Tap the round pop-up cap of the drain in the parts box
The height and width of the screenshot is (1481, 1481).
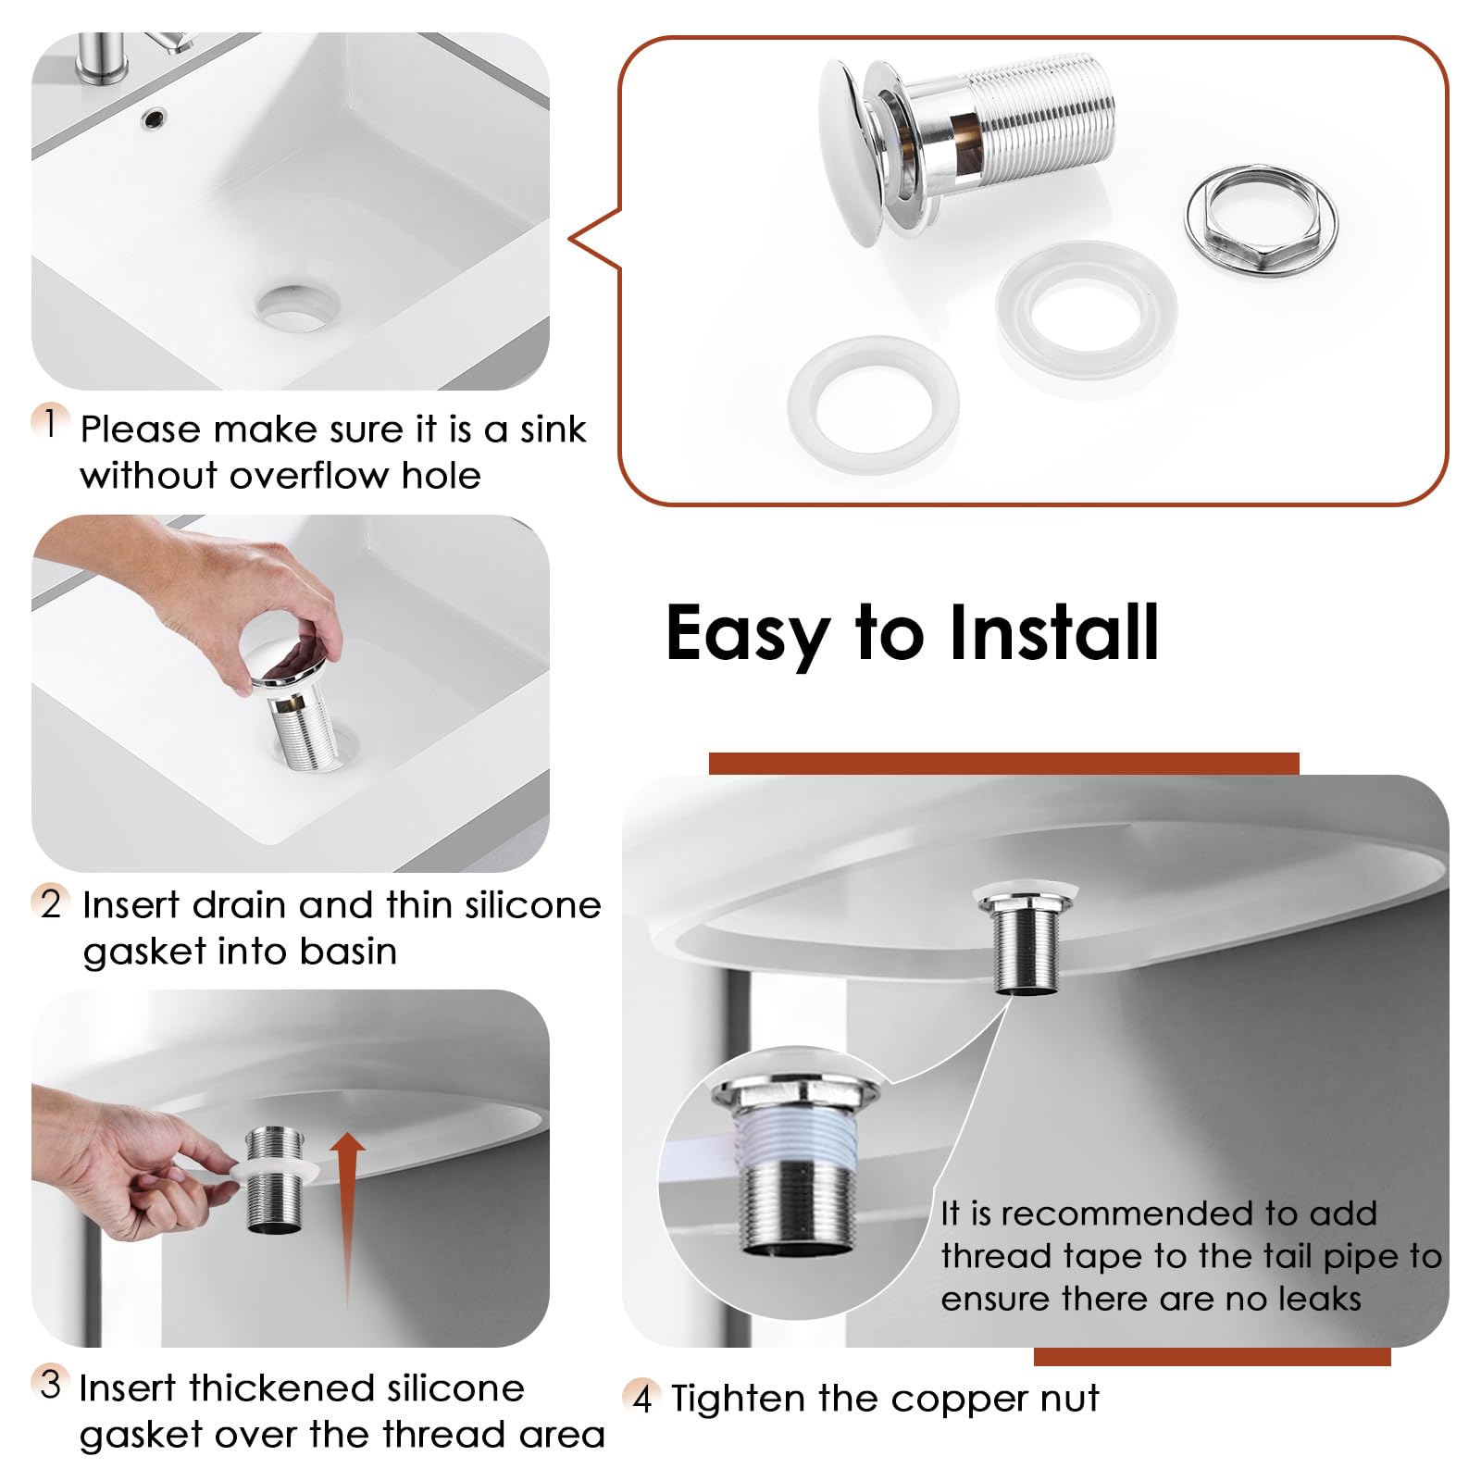click(850, 153)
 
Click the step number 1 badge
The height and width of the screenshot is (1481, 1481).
click(50, 423)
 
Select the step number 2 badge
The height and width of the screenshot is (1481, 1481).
click(50, 902)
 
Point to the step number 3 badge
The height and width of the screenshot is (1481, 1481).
click(50, 1384)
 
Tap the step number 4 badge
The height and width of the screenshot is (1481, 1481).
click(641, 1397)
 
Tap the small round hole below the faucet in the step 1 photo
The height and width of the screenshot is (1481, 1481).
click(154, 118)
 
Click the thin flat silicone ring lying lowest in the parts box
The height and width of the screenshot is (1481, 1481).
click(873, 405)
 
